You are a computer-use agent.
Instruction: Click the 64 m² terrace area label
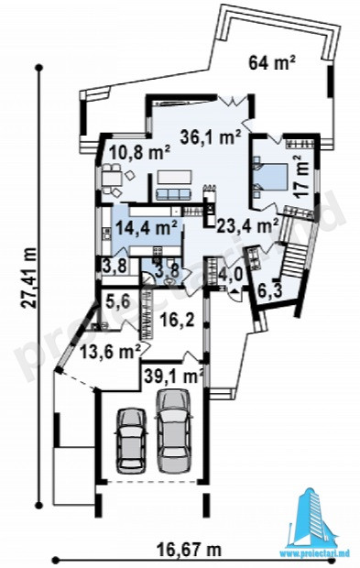coord(272,62)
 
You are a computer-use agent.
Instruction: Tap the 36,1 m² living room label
coord(212,137)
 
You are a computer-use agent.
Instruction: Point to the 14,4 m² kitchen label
coord(147,229)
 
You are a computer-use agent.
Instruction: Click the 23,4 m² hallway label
coord(247,226)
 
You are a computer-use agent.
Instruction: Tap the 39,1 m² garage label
coord(173,376)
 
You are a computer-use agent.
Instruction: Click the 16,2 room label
coord(178,321)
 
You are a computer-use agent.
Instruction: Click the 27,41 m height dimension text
coord(28,278)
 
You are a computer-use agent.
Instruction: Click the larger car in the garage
coord(173,431)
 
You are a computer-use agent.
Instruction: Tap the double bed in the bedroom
coord(270,177)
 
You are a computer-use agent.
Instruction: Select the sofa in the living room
coord(173,194)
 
